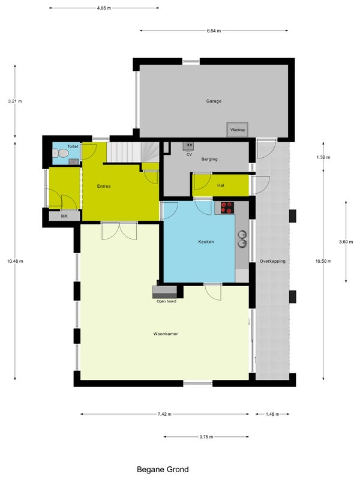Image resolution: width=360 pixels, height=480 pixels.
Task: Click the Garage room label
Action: [x=214, y=101]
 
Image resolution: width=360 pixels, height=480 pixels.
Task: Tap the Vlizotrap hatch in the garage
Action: [x=237, y=130]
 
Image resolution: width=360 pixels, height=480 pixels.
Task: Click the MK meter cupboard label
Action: [x=64, y=216]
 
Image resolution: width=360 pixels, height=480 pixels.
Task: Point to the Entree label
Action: [x=104, y=186]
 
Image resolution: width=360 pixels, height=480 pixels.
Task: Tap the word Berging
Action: [x=209, y=159]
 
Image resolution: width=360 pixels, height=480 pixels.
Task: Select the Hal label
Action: [x=220, y=185]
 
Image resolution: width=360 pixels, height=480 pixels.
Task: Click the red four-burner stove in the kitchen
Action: [x=227, y=208]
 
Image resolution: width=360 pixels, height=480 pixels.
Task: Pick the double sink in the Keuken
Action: [x=242, y=239]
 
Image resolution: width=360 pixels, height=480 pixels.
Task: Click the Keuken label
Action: [x=206, y=242]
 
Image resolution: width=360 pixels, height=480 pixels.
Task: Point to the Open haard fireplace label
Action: [x=166, y=301]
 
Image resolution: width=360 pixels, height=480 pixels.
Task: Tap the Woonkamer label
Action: [x=166, y=334]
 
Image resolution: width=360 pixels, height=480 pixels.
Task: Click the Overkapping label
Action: [x=272, y=261]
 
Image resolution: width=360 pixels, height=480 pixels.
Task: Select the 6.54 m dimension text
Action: [x=214, y=31]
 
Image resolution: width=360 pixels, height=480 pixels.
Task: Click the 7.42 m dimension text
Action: [x=164, y=414]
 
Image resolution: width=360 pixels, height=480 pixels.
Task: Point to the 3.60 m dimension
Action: [x=346, y=242]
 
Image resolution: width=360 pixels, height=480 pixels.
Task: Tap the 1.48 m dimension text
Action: [x=272, y=414]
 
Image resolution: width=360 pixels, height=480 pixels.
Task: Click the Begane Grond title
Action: [x=163, y=469]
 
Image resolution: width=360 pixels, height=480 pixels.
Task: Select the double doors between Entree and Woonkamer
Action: [x=119, y=230]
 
